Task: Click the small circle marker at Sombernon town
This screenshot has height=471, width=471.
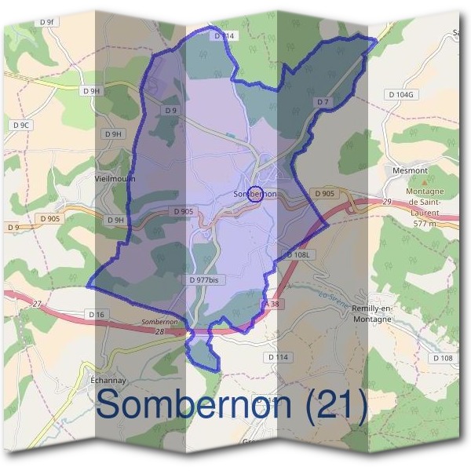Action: point(254,194)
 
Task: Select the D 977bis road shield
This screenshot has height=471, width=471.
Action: point(203,279)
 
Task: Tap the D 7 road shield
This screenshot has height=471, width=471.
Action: point(323,102)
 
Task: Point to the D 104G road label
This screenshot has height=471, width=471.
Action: point(399,94)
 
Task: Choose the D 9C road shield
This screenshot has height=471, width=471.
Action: point(21,125)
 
